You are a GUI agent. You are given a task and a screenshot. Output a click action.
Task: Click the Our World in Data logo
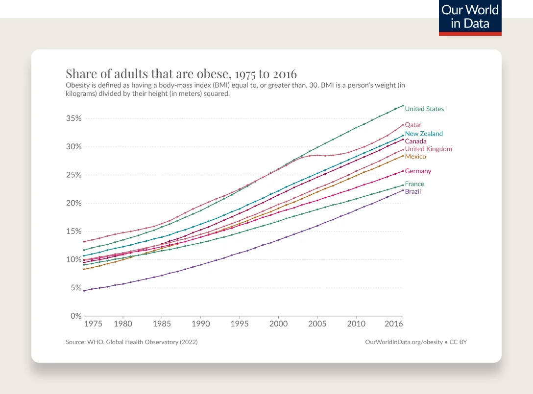470,18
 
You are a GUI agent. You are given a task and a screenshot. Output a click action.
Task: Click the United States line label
424,109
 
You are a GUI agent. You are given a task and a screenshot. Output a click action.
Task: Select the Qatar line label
413,125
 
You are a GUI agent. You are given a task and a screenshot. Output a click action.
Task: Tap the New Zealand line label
424,134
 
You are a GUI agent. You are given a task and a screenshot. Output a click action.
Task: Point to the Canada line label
415,141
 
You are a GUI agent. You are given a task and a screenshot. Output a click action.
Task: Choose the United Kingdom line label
428,149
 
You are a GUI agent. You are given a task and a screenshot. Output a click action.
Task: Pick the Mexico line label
415,157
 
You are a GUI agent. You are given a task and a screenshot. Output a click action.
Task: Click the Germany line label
418,171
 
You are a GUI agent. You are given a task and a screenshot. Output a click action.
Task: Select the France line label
414,184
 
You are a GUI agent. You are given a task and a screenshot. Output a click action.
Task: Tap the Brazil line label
413,191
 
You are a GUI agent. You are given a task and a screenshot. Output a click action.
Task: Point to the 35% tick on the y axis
73,119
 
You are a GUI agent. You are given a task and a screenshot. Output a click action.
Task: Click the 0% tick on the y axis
75,316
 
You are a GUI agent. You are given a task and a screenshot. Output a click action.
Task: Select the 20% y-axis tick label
73,203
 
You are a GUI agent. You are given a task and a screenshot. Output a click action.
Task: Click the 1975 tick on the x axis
93,324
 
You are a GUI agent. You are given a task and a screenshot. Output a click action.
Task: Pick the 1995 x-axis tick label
240,324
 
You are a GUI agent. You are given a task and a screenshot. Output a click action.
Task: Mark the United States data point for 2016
403,106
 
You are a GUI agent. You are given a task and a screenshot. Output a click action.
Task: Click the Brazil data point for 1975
84,291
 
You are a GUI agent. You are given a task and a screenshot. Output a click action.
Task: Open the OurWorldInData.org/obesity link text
404,342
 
